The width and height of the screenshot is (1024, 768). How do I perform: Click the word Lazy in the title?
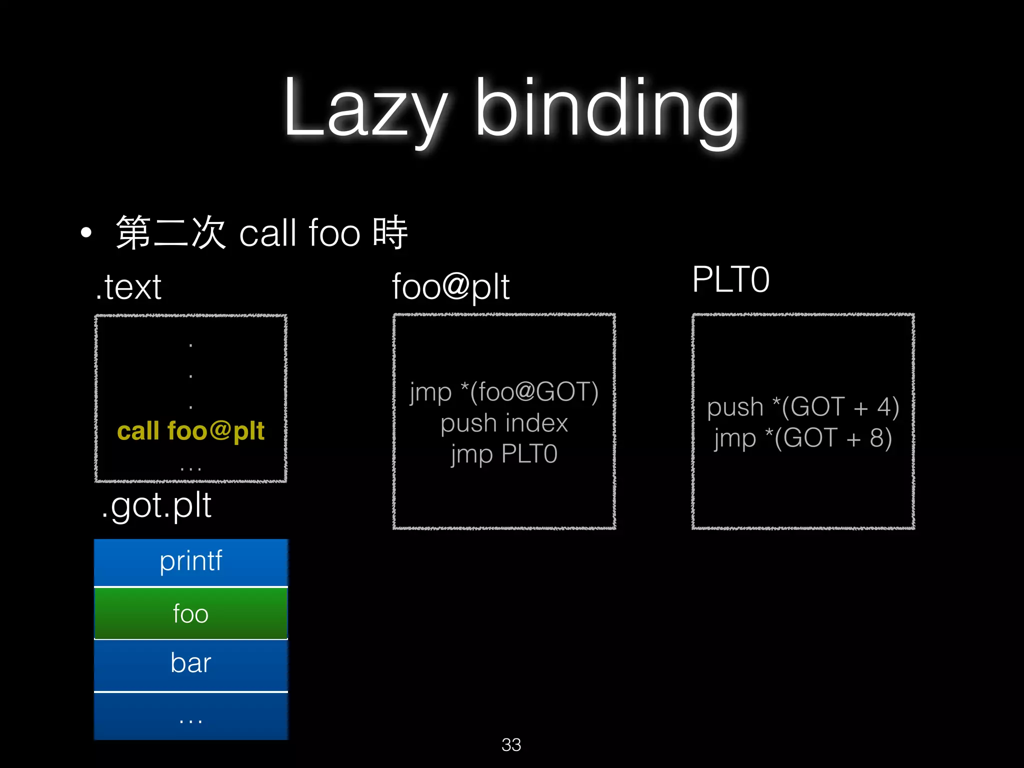365,107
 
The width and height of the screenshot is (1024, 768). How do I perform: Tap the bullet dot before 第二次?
86,232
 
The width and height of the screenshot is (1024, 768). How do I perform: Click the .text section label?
129,287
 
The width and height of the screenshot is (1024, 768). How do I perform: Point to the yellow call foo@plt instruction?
190,431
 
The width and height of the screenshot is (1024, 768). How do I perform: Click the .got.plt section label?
156,505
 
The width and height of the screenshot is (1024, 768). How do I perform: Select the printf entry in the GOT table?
190,561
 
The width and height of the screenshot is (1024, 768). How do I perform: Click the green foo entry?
190,613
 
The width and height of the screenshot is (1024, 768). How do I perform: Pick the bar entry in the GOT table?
190,663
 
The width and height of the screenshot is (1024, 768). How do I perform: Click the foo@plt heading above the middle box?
450,287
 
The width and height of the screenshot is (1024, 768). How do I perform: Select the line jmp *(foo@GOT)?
504,392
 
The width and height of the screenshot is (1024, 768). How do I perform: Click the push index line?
504,423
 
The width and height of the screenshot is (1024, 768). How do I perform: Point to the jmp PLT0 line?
504,454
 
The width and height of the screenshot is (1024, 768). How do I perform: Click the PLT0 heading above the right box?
730,279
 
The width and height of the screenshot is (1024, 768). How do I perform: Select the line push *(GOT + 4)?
803,407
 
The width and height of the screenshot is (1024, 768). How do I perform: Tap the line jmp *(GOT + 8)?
803,438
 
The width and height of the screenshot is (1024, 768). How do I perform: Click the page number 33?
511,744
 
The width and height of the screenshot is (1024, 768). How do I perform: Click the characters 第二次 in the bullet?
170,232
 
